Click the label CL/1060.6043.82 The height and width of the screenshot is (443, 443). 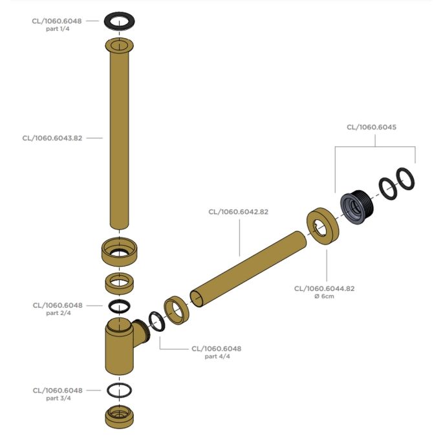pyautogui.click(x=52, y=138)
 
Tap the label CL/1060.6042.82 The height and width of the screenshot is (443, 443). pyautogui.click(x=239, y=212)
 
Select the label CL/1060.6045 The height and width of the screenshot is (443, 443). pyautogui.click(x=371, y=127)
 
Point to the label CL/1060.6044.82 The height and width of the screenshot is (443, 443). pyautogui.click(x=325, y=288)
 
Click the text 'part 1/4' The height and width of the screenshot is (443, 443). pyautogui.click(x=58, y=29)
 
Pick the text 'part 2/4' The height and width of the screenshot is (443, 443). pyautogui.click(x=58, y=313)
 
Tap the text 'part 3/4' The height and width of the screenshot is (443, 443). pyautogui.click(x=58, y=398)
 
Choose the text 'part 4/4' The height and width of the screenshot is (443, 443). pyautogui.click(x=217, y=356)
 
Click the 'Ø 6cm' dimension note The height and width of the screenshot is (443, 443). pyautogui.click(x=324, y=296)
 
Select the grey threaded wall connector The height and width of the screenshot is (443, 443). pyautogui.click(x=357, y=208)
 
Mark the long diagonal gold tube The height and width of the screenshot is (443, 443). pyautogui.click(x=248, y=270)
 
